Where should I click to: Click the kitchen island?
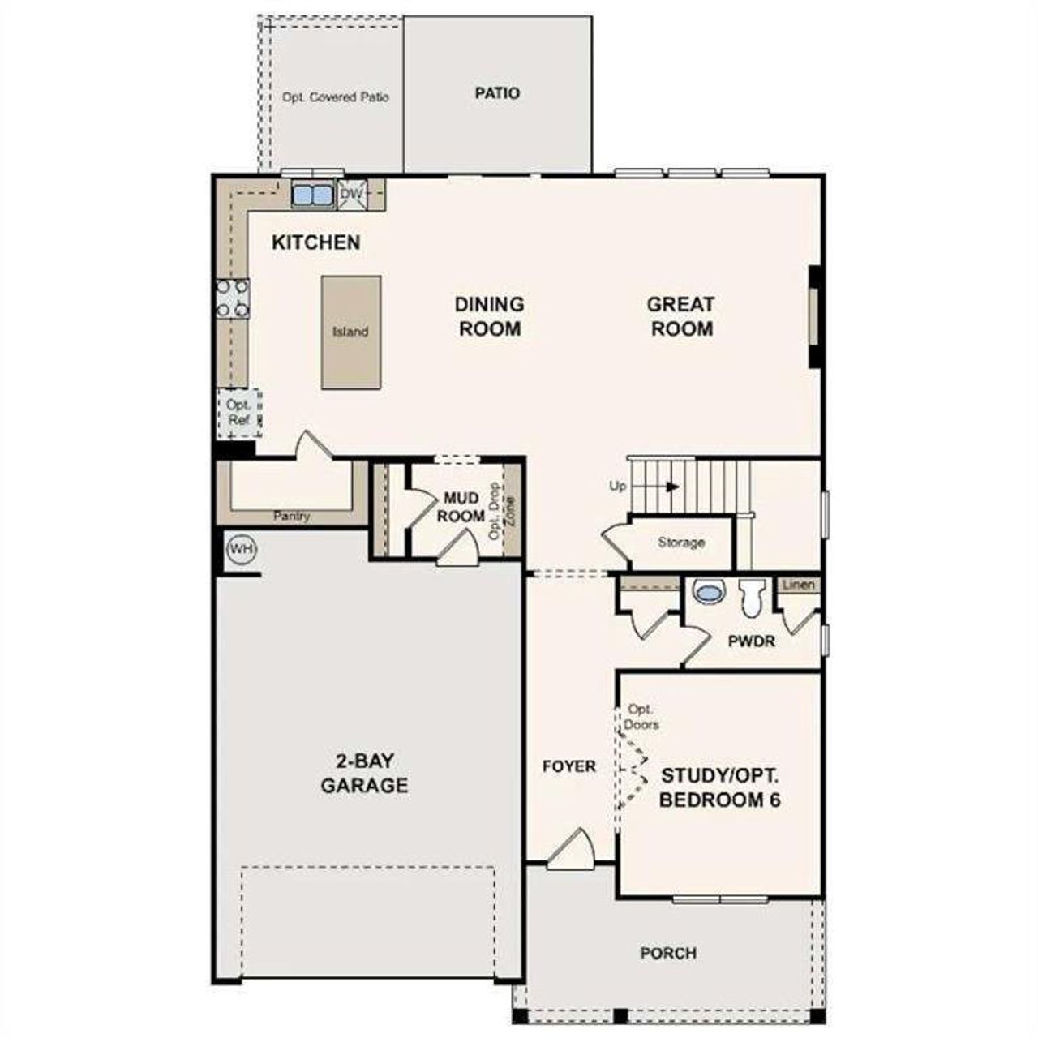(350, 332)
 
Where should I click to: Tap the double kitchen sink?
(312, 195)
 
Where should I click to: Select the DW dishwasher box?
(352, 195)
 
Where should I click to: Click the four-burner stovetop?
(232, 298)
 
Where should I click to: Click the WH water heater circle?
(241, 550)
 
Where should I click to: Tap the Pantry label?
(291, 516)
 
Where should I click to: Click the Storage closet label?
(681, 543)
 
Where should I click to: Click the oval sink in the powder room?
(708, 593)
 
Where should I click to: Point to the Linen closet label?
(799, 585)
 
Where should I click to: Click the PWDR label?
(751, 641)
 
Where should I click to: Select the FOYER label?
(569, 766)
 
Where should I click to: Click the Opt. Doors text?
(641, 717)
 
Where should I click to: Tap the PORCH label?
(668, 953)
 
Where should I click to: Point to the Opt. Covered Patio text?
(336, 97)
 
